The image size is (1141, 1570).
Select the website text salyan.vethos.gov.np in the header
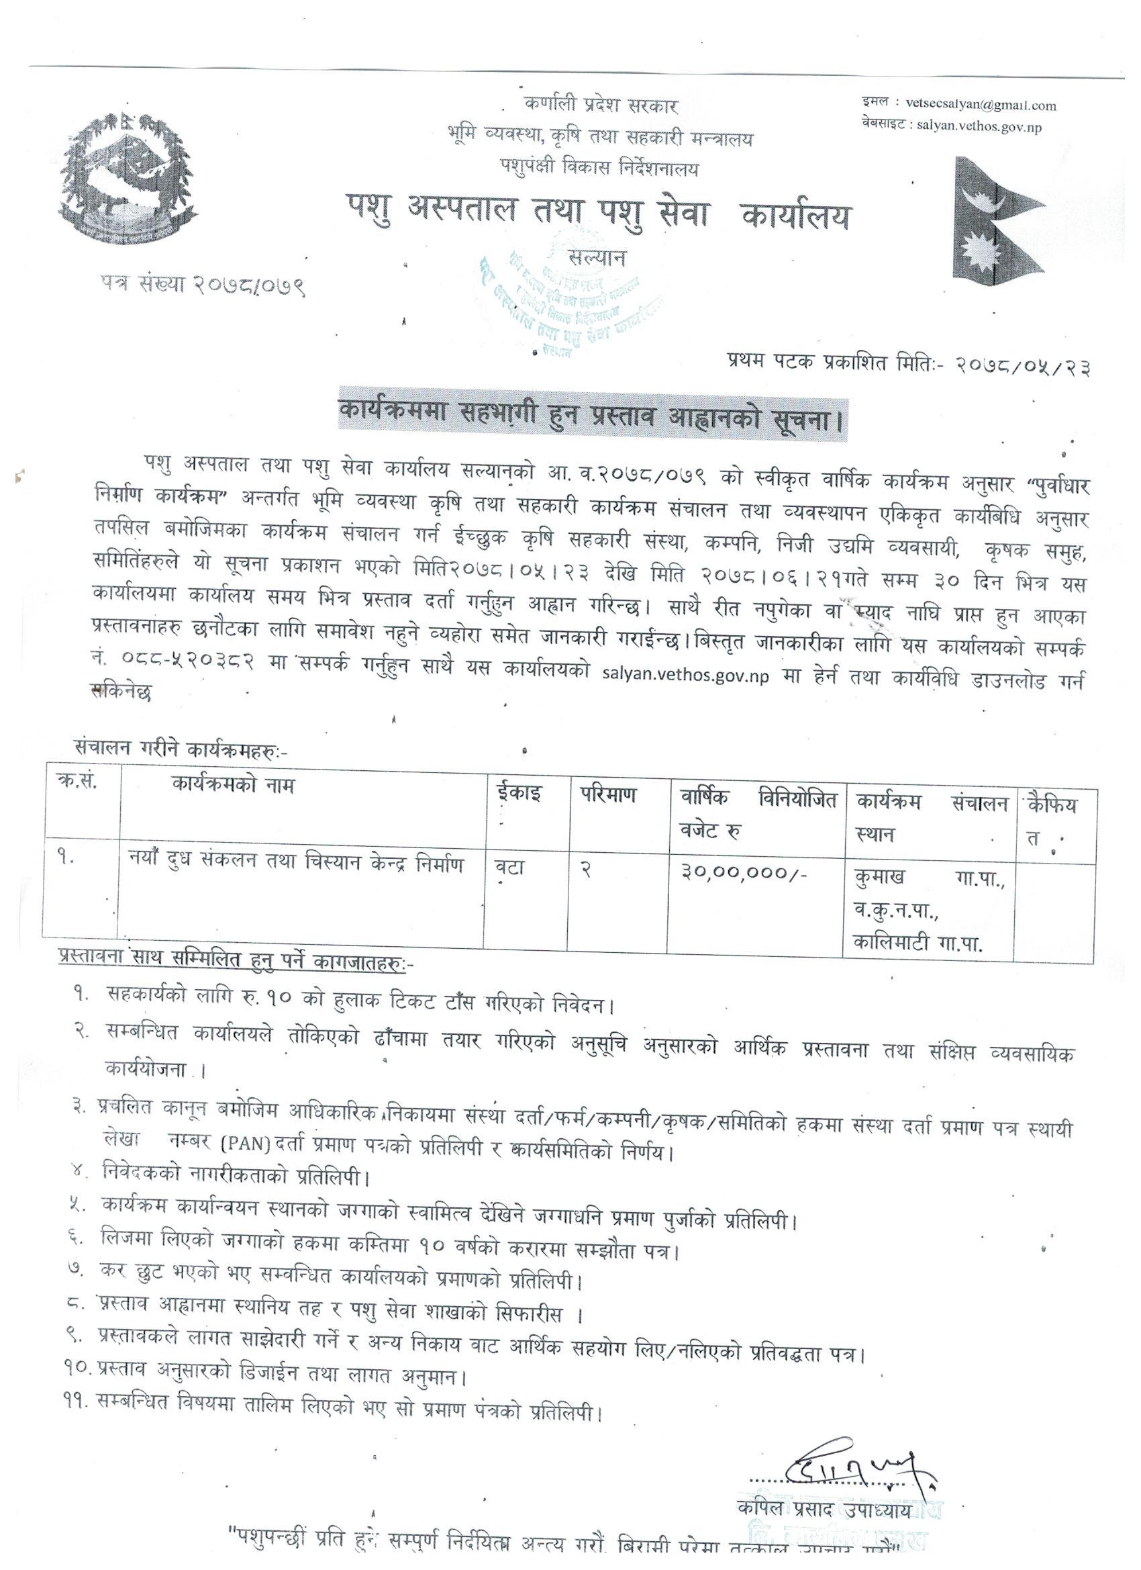point(979,127)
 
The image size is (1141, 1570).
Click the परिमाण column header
point(604,794)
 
